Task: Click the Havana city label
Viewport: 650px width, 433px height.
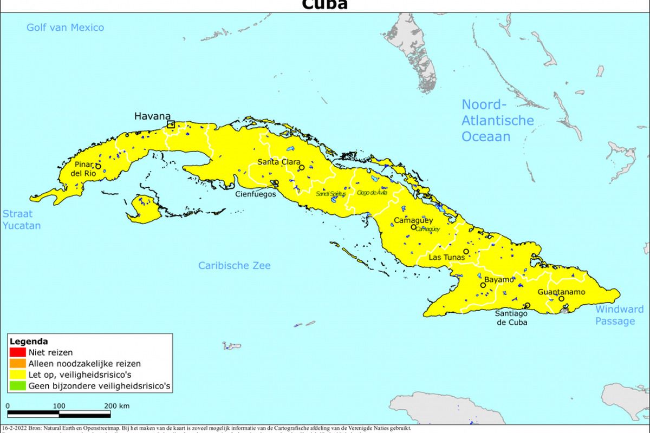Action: (x=152, y=116)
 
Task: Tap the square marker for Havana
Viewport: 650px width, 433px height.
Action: (x=171, y=124)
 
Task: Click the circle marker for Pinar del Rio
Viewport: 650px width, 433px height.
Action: (x=98, y=166)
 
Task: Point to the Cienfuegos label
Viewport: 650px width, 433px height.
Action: (x=255, y=194)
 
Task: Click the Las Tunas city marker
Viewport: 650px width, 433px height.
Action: (x=466, y=252)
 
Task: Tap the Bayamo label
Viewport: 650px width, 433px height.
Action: (x=498, y=280)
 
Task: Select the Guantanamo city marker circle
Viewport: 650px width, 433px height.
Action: (x=561, y=299)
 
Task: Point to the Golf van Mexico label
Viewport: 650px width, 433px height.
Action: (x=65, y=28)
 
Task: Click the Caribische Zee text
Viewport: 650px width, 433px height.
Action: (x=234, y=265)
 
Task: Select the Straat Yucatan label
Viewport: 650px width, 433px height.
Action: (x=22, y=220)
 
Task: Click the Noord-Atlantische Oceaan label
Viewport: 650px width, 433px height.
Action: (x=497, y=120)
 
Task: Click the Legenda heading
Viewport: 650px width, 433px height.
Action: (x=29, y=342)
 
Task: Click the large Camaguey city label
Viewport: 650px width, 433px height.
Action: (x=413, y=220)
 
